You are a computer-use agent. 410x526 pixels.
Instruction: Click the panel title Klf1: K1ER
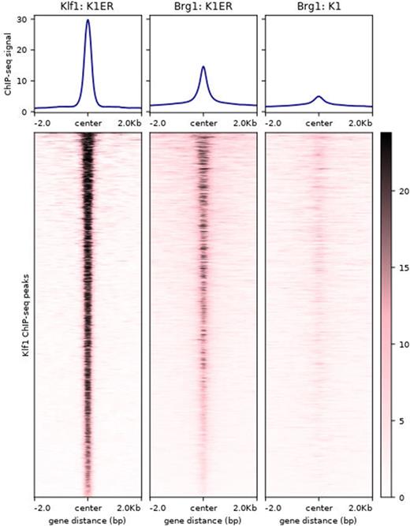88,6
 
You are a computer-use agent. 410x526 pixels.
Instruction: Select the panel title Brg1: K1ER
203,6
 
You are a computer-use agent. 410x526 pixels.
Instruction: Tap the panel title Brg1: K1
319,6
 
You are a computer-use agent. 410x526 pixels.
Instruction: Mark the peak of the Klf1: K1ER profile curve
88,21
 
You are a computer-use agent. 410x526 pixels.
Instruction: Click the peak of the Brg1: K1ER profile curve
203,66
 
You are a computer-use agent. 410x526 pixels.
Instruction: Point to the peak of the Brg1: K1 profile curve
319,96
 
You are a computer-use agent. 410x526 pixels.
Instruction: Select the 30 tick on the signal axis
24,19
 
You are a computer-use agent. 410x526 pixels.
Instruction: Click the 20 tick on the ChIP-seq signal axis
24,50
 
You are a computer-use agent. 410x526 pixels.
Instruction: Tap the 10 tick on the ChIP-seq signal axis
24,80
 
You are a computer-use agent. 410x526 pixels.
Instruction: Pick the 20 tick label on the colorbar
401,192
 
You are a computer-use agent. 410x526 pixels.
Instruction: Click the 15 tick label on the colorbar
401,268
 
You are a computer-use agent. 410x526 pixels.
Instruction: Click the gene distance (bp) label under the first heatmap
88,520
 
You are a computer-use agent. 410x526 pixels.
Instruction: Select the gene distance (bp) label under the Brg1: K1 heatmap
319,520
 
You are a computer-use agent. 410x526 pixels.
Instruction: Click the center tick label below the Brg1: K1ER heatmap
203,508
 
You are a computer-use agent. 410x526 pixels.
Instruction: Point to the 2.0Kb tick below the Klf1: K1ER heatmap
129,508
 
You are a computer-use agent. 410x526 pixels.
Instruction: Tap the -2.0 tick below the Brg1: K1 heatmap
275,508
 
